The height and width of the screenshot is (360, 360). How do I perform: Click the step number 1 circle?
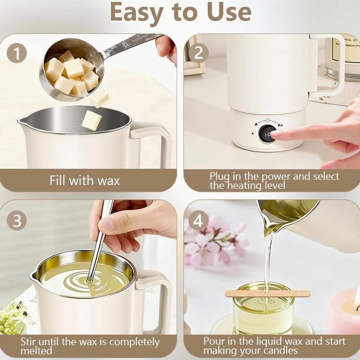tap(17, 53)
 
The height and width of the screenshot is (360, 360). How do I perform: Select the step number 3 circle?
tap(17, 220)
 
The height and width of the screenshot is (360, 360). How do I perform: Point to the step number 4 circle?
tap(198, 220)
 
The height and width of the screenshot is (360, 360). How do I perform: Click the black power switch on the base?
tap(267, 134)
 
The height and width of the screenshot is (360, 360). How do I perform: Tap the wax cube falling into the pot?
tap(92, 120)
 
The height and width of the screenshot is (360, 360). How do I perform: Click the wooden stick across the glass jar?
tap(268, 293)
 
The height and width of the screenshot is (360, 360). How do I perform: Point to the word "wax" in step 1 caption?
tap(109, 181)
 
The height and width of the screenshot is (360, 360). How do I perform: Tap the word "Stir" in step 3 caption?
tap(28, 341)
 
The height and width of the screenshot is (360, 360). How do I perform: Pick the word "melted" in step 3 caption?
tap(36, 351)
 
